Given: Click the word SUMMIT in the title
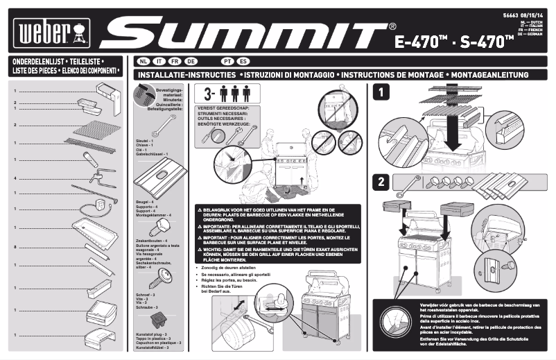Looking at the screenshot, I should (247, 31).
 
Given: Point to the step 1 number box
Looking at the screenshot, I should (380, 91).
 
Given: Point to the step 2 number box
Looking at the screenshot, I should (380, 183).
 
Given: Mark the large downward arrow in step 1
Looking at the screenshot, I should (454, 132).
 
